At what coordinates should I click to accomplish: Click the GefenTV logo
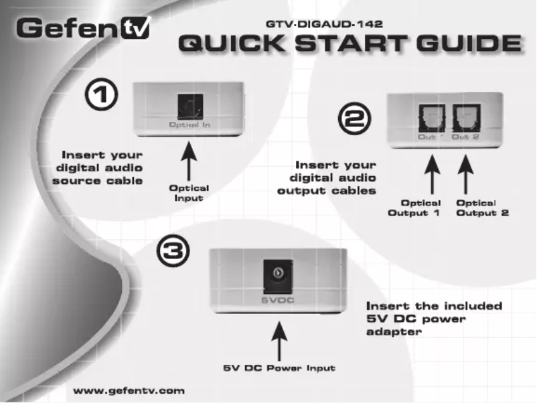click(84, 27)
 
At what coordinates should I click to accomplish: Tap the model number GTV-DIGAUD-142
click(324, 24)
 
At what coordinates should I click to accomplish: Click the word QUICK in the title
click(232, 44)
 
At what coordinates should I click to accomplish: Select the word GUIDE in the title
click(469, 44)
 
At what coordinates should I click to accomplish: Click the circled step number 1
click(101, 94)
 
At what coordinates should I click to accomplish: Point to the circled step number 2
click(354, 118)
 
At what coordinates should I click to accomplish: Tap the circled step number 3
click(173, 250)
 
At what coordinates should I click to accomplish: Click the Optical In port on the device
click(190, 107)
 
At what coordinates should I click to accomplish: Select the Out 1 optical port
click(432, 118)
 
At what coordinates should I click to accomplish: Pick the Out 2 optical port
click(467, 118)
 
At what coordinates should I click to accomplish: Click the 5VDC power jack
click(278, 276)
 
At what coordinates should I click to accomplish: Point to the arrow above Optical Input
click(189, 161)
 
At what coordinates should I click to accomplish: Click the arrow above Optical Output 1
click(432, 174)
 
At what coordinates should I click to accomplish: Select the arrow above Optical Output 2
click(465, 174)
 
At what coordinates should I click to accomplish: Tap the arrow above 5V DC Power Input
click(279, 341)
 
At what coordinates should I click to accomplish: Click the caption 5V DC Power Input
click(279, 368)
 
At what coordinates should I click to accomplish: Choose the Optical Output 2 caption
click(482, 208)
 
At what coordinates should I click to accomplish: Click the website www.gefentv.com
click(129, 391)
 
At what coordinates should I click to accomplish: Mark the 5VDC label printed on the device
click(278, 301)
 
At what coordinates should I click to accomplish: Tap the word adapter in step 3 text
click(394, 332)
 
